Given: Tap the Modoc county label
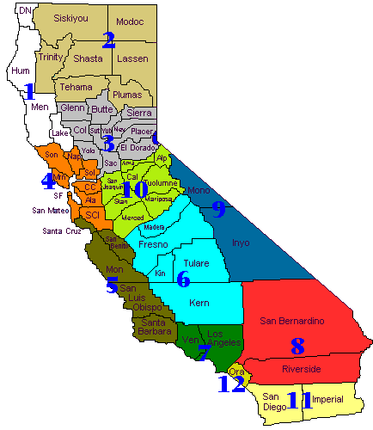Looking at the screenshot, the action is (129, 20).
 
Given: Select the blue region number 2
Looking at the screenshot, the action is (108, 40).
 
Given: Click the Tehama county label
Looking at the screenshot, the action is (76, 88).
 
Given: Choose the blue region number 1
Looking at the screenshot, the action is (28, 90).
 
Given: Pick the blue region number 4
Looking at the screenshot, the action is (49, 181).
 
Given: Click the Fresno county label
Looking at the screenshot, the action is (153, 244).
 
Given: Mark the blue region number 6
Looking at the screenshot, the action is (183, 279).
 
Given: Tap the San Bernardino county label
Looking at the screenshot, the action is (291, 321).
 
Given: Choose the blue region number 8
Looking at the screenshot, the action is (297, 347).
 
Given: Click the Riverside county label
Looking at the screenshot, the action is (302, 369).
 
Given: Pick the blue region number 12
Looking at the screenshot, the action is (230, 384).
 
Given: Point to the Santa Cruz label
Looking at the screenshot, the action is (63, 230).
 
